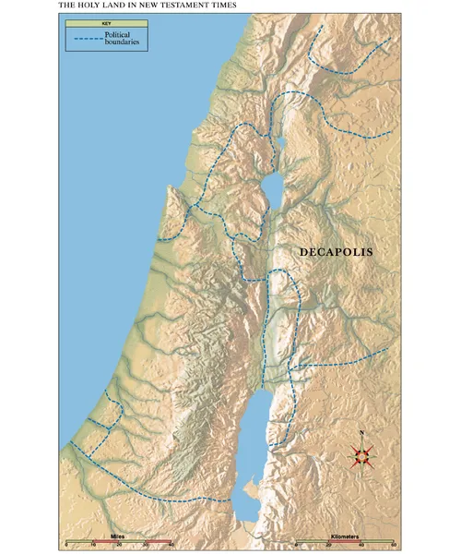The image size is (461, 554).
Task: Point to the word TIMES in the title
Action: [x=220, y=5]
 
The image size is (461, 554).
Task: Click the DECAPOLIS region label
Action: [x=335, y=251]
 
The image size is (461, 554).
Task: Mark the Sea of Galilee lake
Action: [x=272, y=190]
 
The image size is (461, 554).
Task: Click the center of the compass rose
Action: [x=362, y=454]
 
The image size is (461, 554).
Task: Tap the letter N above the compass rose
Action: [x=362, y=434]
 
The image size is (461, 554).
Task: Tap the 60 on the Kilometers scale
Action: [x=392, y=546]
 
